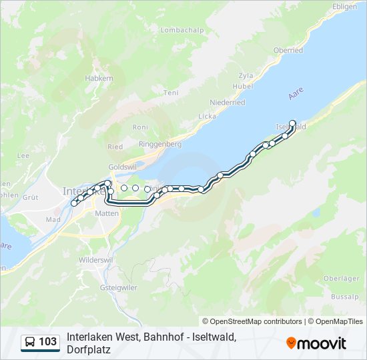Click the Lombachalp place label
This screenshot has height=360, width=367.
click(x=181, y=31)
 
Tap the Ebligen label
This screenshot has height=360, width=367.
click(x=345, y=6)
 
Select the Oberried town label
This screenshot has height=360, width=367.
click(x=288, y=51)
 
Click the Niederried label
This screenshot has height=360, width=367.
click(x=228, y=103)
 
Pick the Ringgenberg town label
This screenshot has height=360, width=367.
click(x=159, y=144)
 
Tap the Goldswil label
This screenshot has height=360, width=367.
click(x=122, y=167)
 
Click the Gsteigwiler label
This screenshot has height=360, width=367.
click(x=117, y=287)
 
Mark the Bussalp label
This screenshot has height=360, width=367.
click(x=344, y=296)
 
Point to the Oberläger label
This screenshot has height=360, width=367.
click(x=342, y=279)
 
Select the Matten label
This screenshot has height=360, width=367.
click(x=107, y=213)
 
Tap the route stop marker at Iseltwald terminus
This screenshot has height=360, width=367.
click(x=292, y=123)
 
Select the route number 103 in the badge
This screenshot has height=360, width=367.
click(x=48, y=343)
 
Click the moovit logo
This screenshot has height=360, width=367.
click(x=316, y=343)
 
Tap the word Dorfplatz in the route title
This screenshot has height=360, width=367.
click(x=88, y=349)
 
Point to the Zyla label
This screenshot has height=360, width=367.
click(x=247, y=76)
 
